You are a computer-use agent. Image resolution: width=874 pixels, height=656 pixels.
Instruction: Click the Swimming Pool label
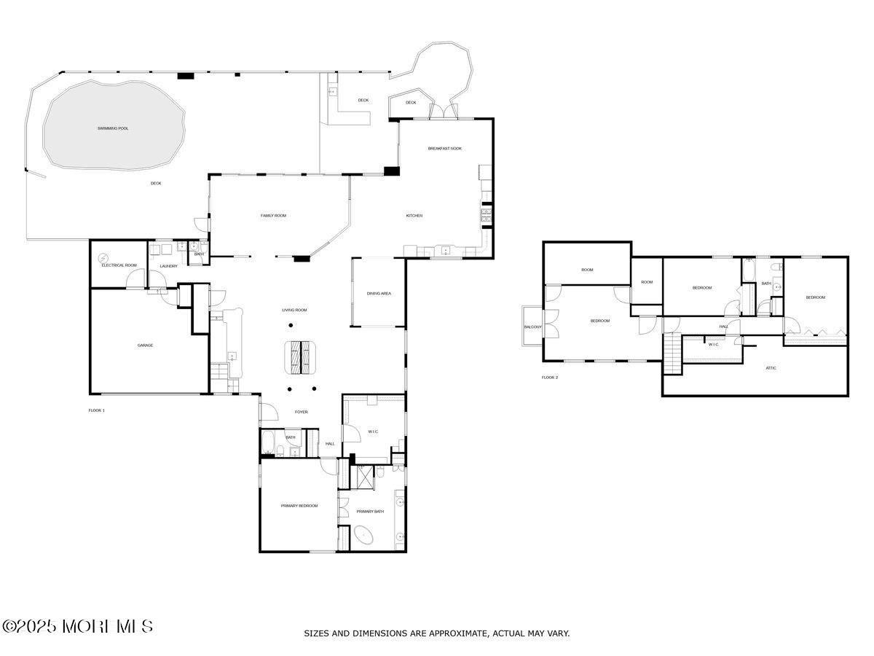113,128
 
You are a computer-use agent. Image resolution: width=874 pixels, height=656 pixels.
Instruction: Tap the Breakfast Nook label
444,149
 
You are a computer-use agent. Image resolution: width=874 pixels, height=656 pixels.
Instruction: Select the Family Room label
274,216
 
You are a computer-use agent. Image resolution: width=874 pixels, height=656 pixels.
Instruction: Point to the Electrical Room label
119,265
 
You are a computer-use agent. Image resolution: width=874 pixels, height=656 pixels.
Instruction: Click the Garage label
145,345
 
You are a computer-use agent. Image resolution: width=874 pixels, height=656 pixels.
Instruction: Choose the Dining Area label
379,294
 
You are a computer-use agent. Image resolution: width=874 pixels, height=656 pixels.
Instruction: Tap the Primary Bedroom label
299,506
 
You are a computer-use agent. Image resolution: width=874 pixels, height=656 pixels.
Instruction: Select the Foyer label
301,413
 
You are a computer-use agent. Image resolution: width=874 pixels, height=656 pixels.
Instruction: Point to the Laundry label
168,266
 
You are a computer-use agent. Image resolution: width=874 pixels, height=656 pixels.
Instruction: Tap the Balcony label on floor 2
532,327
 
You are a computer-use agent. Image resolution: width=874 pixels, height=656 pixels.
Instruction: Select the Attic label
771,368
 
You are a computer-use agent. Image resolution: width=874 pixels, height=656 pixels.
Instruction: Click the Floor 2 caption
549,378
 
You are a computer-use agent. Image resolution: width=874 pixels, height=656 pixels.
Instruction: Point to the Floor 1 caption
97,410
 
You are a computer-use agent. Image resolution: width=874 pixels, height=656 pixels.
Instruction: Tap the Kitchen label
414,216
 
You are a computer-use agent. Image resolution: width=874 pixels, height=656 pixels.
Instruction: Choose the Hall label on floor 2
723,327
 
